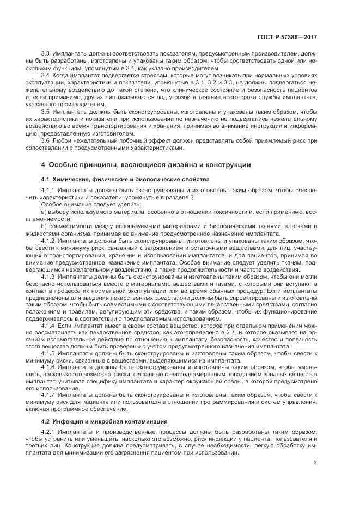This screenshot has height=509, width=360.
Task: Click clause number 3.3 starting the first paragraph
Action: click(46, 54)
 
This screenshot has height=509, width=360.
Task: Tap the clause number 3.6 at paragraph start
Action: click(46, 140)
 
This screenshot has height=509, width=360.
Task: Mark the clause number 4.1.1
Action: click(48, 191)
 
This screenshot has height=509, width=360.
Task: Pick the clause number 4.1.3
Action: click(48, 276)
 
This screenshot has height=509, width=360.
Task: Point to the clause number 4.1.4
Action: click(48, 325)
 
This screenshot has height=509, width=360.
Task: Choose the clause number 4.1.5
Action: click(48, 353)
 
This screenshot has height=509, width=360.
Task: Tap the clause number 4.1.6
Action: click(48, 367)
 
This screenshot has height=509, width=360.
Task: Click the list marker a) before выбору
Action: click(44, 211)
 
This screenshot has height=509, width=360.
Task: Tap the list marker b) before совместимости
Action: click(44, 225)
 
